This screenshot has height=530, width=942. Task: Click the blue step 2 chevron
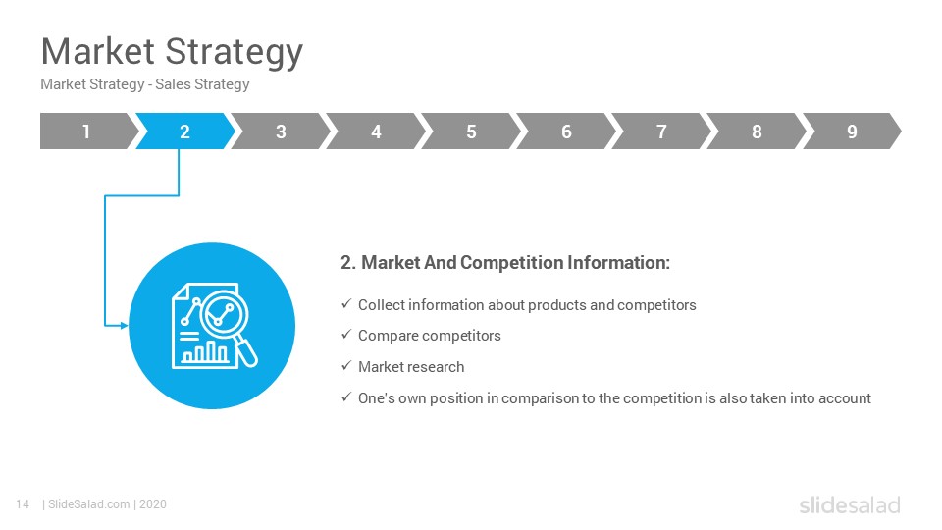tap(185, 131)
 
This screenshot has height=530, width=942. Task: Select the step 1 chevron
tap(87, 131)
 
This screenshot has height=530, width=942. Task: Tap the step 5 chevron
tap(471, 131)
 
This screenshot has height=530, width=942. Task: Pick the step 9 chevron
tap(852, 131)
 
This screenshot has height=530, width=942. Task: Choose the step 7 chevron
tap(661, 131)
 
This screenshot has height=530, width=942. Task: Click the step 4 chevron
tap(376, 131)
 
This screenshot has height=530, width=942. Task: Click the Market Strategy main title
tap(172, 52)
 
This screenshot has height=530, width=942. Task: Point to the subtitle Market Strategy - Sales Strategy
tap(145, 84)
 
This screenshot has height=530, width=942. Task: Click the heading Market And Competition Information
tap(505, 263)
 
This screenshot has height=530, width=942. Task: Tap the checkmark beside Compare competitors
tap(346, 334)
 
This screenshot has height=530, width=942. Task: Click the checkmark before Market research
tap(346, 365)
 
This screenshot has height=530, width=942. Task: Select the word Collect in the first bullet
tap(382, 305)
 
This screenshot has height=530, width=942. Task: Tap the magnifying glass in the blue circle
tap(229, 325)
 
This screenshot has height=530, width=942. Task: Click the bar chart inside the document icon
tap(204, 352)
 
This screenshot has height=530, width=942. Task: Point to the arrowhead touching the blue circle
tap(125, 326)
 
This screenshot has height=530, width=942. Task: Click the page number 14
tap(23, 504)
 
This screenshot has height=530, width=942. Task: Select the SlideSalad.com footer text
tap(89, 504)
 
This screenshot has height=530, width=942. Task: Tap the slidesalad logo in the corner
tap(850, 504)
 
